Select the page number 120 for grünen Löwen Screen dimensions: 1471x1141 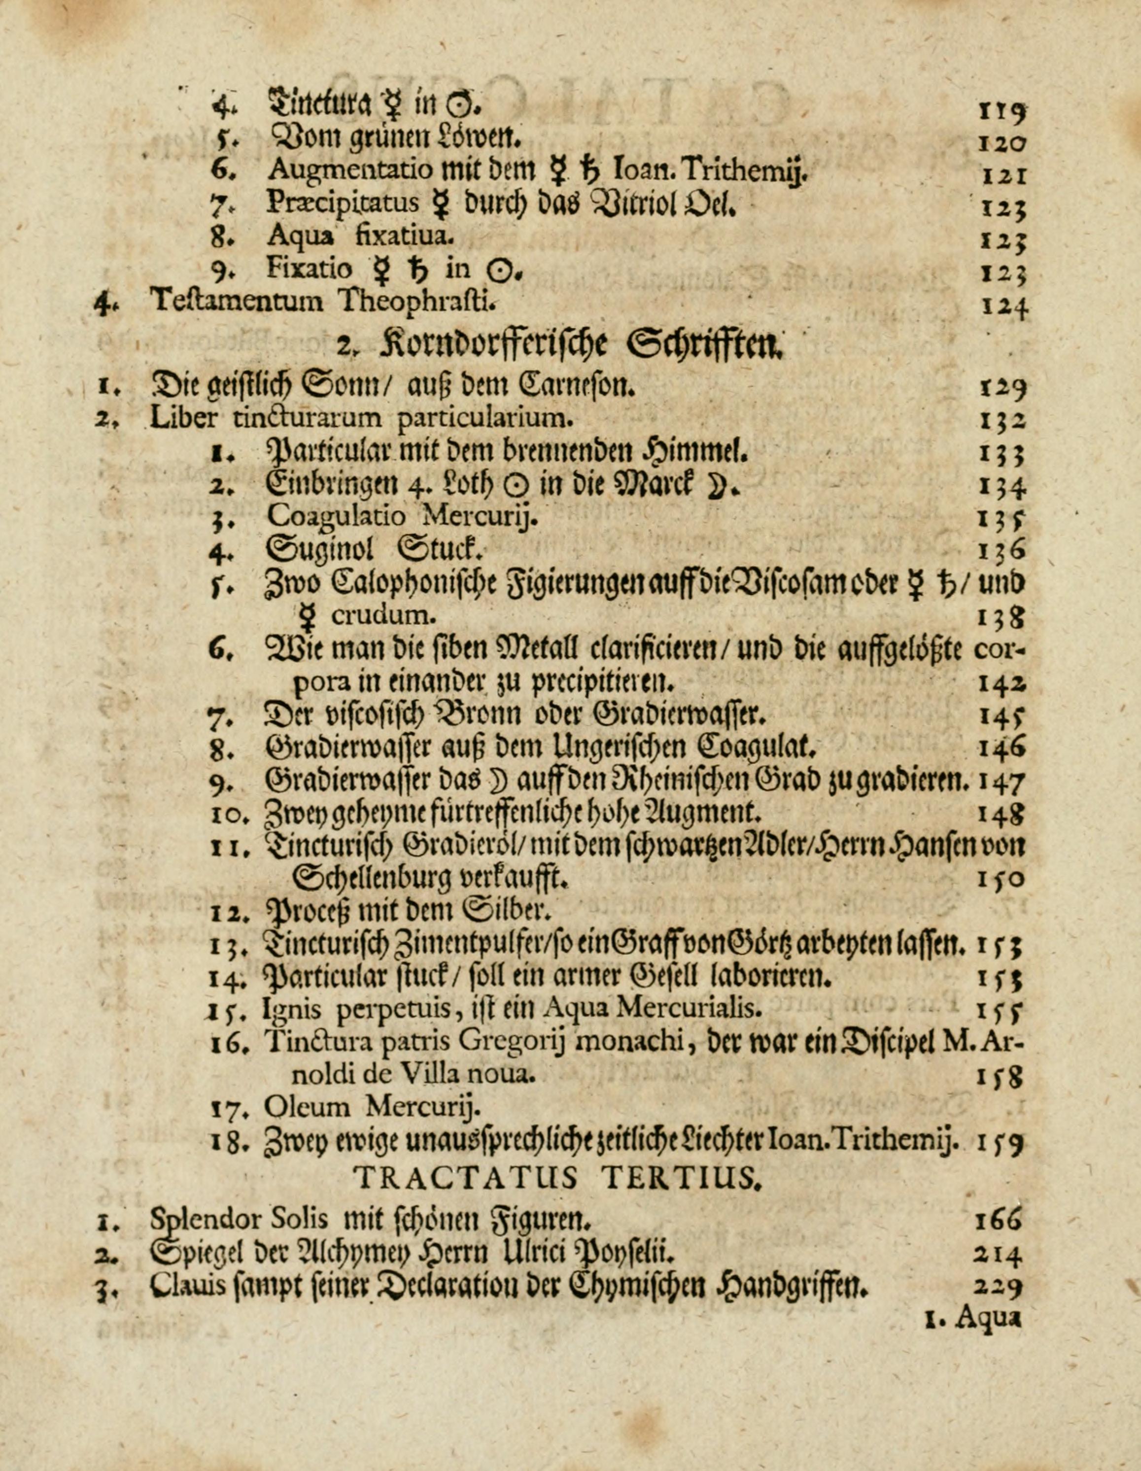click(x=1001, y=141)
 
